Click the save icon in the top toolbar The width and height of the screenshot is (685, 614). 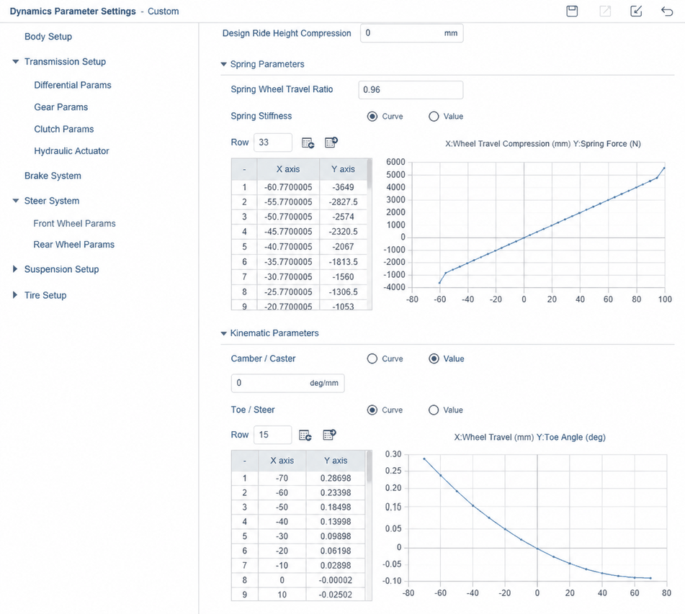pos(572,11)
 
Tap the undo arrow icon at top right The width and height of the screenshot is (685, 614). pos(667,11)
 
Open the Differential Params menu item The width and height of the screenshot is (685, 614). pos(73,85)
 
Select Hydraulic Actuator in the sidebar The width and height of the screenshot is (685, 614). pos(71,151)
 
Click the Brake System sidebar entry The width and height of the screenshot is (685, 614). pos(53,176)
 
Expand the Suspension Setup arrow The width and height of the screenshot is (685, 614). pos(15,269)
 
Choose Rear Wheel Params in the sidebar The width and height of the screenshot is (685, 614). pos(73,245)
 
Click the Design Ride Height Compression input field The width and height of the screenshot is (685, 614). pos(411,33)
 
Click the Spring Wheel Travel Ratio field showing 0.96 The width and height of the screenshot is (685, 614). pos(411,89)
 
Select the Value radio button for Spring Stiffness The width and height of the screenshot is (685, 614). pos(434,117)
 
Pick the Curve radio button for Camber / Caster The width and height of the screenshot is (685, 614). pos(372,359)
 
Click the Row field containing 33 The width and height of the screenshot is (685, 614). pos(272,143)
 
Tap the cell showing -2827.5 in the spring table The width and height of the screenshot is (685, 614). pos(343,202)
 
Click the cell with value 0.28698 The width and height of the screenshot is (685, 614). pos(336,478)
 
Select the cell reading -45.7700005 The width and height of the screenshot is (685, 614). pos(288,232)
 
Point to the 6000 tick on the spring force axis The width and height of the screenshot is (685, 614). pos(395,162)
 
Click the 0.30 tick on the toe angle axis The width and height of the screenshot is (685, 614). pos(393,454)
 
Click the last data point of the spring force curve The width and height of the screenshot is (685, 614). pos(664,168)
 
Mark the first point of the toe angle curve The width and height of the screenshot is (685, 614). pos(424,459)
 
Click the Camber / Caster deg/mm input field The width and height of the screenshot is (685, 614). pos(287,383)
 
